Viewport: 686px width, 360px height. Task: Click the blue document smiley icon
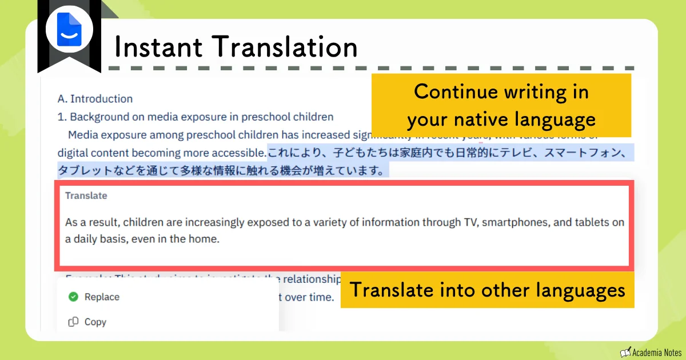pos(69,29)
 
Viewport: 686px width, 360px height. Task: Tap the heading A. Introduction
pos(95,99)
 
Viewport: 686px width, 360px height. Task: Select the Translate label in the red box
pos(86,195)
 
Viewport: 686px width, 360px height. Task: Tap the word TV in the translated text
pos(469,222)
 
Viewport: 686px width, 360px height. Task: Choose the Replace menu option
pos(102,297)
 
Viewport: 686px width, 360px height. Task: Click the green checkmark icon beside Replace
pos(73,297)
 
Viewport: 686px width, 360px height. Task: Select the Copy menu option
pos(95,322)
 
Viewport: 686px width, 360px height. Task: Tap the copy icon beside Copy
pos(73,322)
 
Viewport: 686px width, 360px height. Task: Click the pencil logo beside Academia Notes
pos(625,351)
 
